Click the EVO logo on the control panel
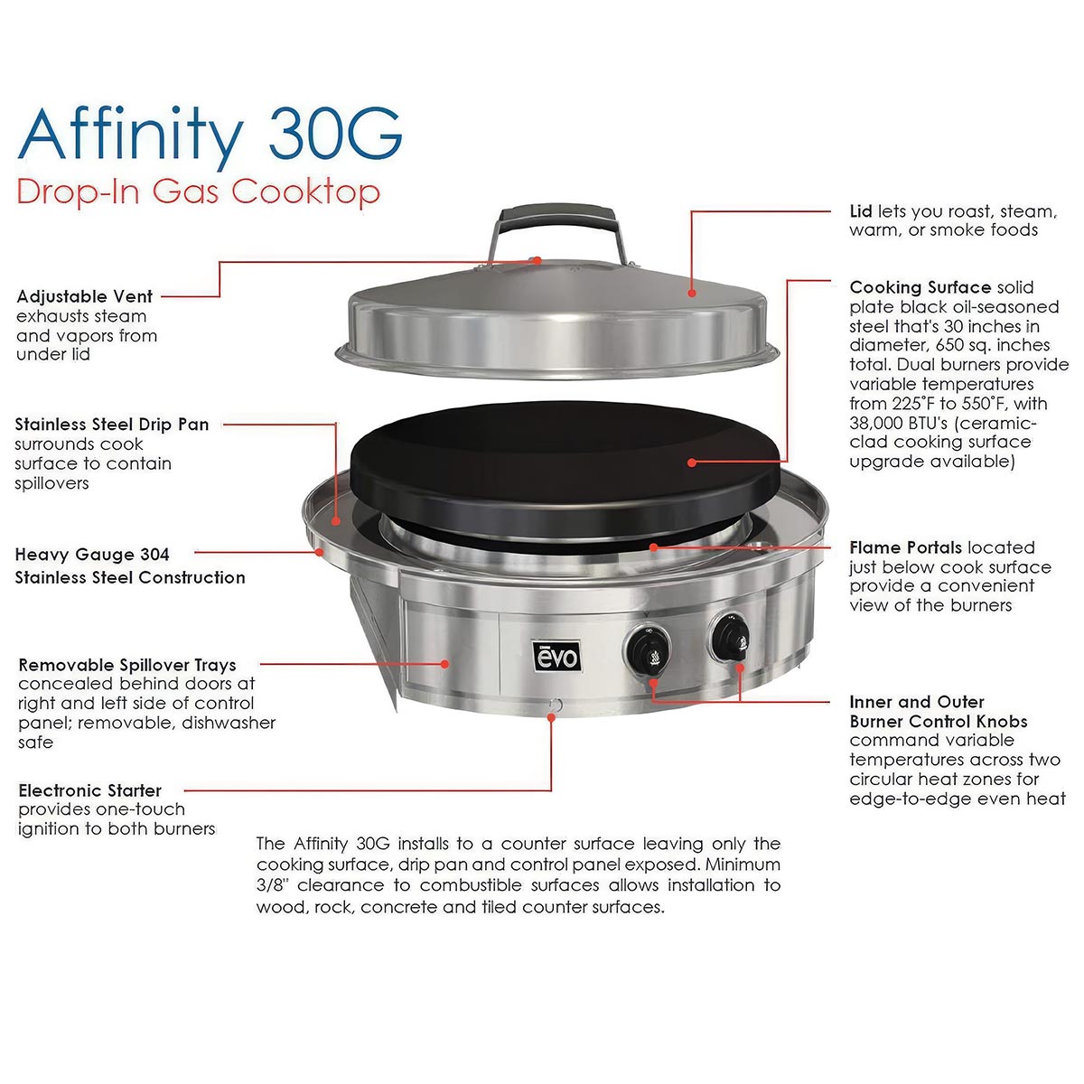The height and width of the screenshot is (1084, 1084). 556,656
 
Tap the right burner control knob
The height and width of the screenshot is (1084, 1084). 730,638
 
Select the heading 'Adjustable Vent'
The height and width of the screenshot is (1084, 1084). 84,296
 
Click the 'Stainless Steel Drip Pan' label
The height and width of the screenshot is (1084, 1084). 112,425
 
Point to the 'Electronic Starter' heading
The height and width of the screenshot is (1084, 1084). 90,790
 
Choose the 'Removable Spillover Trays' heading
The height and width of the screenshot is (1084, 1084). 127,665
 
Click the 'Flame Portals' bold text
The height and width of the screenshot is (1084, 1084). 906,547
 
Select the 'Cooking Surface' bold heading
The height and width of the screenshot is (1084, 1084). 920,287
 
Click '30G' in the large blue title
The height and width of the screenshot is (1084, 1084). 335,134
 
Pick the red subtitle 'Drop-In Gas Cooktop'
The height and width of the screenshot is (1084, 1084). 199,192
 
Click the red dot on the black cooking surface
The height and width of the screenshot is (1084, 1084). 692,463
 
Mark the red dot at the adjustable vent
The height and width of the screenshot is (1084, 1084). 537,260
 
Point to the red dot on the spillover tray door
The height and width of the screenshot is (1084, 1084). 444,664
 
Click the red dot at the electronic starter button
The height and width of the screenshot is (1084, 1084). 551,718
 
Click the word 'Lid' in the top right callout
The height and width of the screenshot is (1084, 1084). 861,211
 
